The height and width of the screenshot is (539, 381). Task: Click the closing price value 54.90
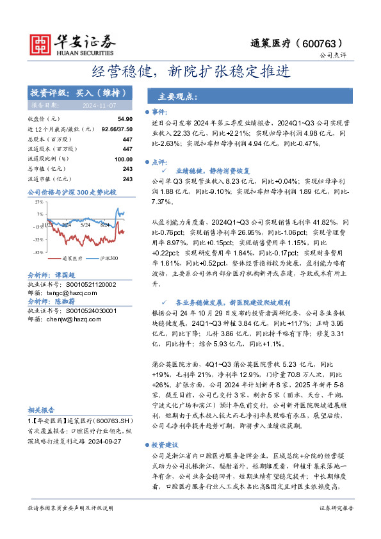125,119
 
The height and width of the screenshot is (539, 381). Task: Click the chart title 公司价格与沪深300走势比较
72,191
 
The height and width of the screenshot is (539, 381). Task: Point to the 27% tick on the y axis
40,202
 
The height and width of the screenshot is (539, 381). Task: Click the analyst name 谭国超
72,273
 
